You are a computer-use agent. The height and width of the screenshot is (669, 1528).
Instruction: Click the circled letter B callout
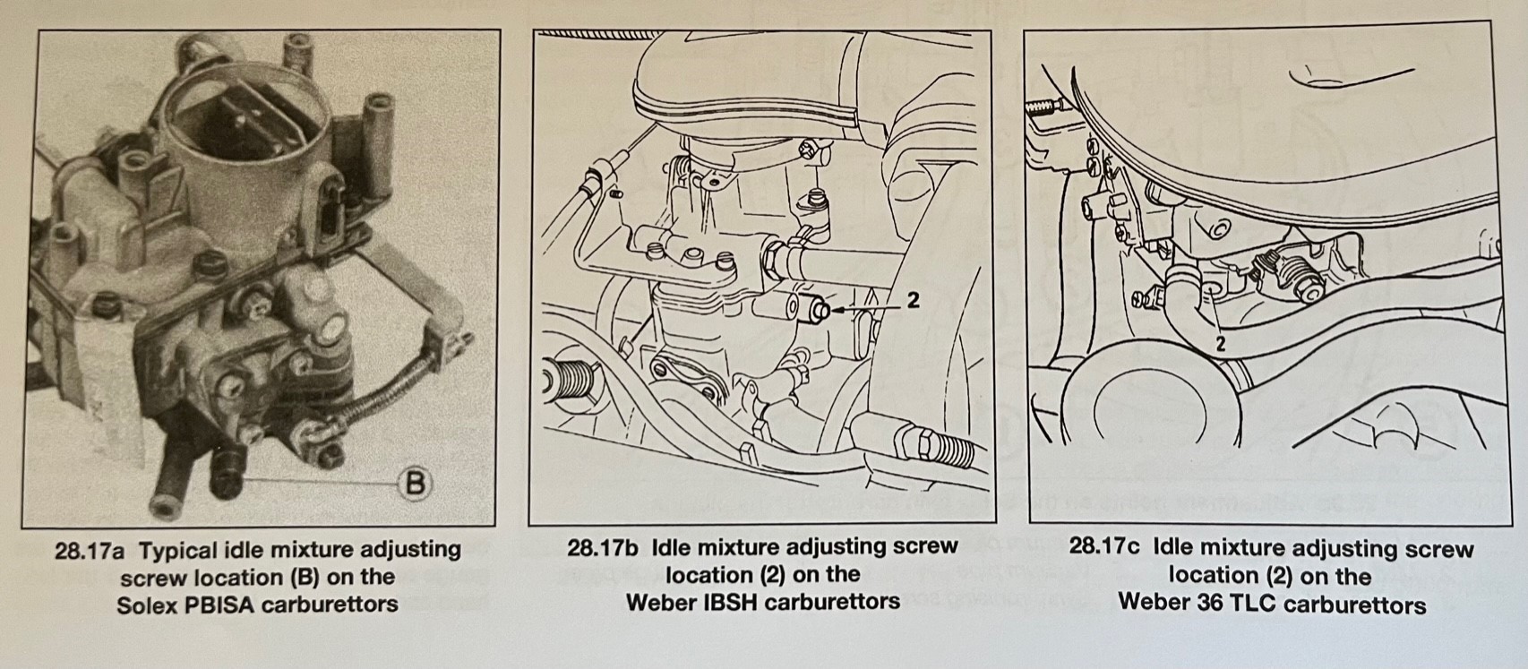point(415,484)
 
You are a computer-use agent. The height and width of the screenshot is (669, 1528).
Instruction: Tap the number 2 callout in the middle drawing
point(913,300)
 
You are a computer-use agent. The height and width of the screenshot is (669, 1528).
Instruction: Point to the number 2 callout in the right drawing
point(1221,344)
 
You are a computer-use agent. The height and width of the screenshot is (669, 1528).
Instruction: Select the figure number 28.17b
point(602,547)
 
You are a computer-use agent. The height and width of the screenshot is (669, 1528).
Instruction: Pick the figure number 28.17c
point(1104,547)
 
